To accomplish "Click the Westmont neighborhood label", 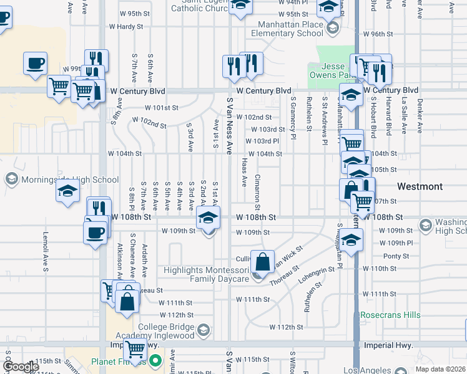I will point(420,186).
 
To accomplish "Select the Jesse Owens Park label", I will point(338,70).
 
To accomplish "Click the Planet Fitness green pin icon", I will point(154,360).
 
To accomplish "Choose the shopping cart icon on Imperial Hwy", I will point(135,347).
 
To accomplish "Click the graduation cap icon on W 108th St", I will point(209,218).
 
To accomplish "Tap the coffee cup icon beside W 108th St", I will point(95,233).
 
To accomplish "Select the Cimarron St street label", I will point(257,188).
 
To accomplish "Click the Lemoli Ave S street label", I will point(45,252).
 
